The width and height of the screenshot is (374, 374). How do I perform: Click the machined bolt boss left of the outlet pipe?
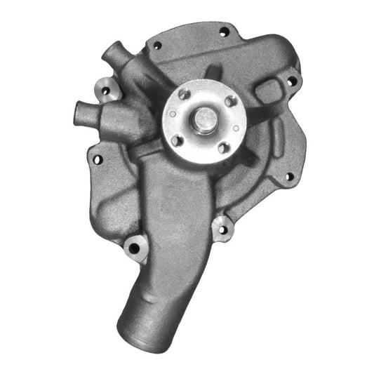[135, 247]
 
